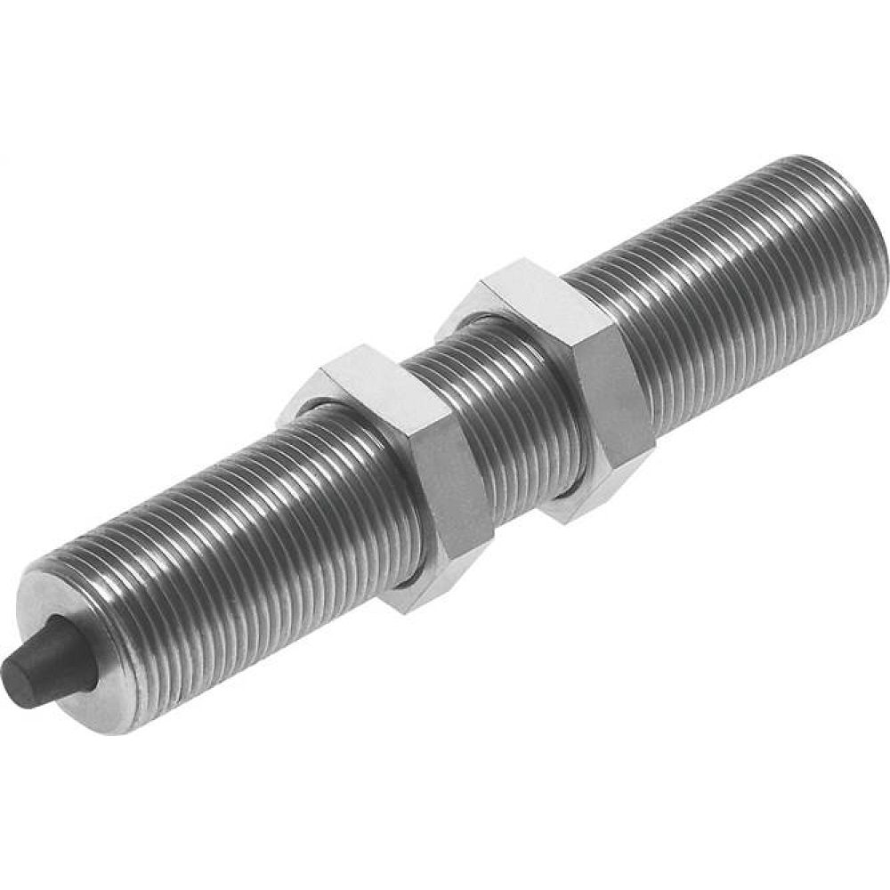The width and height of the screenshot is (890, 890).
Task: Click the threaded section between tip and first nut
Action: [240, 534]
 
